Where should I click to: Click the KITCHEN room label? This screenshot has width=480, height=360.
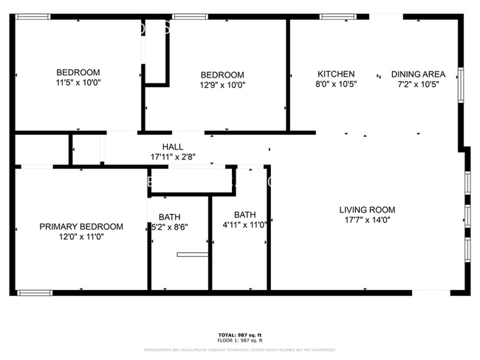336,74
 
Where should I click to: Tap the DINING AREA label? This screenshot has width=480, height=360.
418,74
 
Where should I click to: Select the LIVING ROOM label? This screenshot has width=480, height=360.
367,210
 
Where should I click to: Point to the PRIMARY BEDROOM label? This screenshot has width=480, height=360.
81,226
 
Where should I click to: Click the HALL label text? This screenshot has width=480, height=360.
172,147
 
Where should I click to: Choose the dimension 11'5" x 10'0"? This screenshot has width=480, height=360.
78,83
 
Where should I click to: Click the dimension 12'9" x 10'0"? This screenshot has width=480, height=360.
223,85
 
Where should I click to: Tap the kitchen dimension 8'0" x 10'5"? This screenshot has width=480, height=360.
336,84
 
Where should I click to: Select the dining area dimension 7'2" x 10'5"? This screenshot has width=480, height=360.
418,84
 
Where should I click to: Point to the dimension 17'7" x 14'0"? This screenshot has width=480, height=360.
367,219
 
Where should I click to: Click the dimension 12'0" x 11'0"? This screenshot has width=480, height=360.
81,237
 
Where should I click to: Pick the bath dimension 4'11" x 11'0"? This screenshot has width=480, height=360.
244,225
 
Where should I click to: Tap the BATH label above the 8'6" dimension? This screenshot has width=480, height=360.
169,217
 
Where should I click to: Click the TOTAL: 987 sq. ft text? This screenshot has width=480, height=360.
239,334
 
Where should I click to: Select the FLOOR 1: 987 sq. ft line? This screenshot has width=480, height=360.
239,340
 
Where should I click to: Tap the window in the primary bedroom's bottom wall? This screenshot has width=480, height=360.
35,292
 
